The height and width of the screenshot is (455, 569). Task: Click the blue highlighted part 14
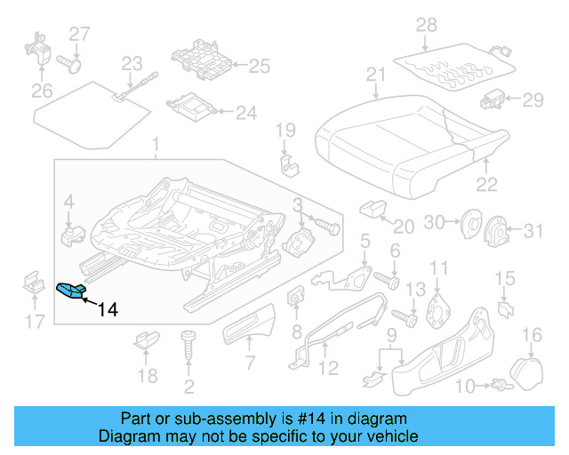click(x=69, y=290)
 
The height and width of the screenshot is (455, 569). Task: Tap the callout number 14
click(x=107, y=309)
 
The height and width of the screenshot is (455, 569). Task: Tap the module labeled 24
click(x=190, y=108)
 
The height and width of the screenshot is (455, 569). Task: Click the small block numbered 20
click(x=370, y=209)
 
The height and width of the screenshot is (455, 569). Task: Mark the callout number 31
click(x=531, y=232)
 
